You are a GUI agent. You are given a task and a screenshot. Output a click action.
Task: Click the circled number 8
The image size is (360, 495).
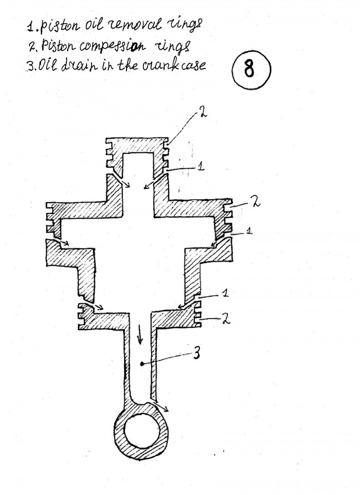point(251,69)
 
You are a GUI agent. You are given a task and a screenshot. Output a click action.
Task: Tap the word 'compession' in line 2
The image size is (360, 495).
point(112,46)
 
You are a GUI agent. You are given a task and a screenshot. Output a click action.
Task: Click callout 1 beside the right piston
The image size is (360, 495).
point(249,232)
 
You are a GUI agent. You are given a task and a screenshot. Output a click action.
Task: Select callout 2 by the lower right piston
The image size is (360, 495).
point(225,318)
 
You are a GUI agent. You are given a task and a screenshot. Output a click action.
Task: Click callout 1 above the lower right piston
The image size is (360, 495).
point(225,293)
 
